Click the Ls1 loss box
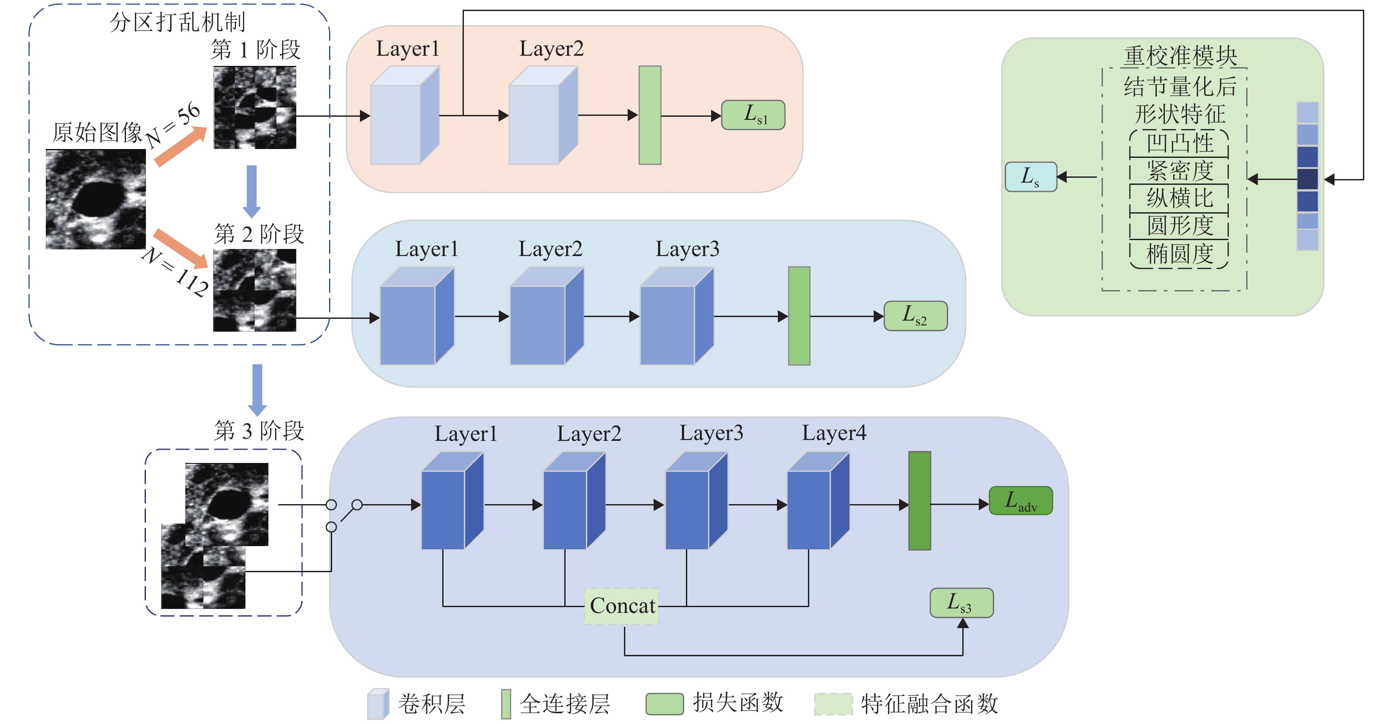pyautogui.click(x=753, y=115)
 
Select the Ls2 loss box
pyautogui.click(x=915, y=316)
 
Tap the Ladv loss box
pyautogui.click(x=1020, y=501)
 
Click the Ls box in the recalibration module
pyautogui.click(x=1030, y=177)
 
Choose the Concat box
pyautogui.click(x=622, y=606)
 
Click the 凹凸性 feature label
pyautogui.click(x=1179, y=143)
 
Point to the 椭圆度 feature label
pyautogui.click(x=1179, y=254)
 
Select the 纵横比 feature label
pyautogui.click(x=1179, y=199)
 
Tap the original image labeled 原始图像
pyautogui.click(x=96, y=199)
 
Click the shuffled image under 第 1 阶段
pyautogui.click(x=255, y=107)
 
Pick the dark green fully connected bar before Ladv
pyautogui.click(x=919, y=501)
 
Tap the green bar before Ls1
pyautogui.click(x=650, y=115)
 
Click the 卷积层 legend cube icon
pyautogui.click(x=378, y=704)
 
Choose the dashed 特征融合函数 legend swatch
pyautogui.click(x=833, y=704)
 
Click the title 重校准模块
pyautogui.click(x=1180, y=56)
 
